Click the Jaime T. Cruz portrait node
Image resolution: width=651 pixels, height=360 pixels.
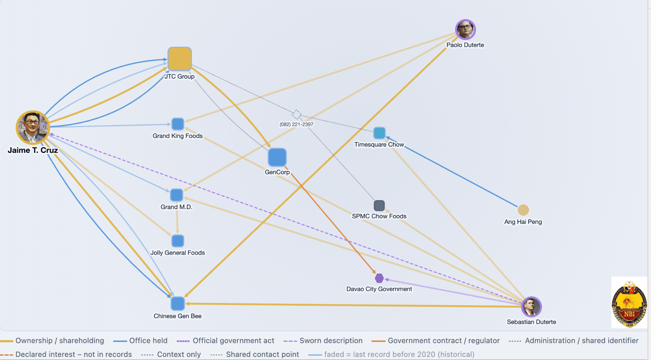(33, 128)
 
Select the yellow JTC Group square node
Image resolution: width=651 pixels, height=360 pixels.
(179, 59)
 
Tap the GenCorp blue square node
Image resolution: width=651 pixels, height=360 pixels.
(277, 157)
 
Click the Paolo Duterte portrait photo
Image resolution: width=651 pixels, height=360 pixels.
(465, 30)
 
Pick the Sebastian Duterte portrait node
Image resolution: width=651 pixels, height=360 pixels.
(531, 307)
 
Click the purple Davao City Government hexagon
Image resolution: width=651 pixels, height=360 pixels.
(379, 278)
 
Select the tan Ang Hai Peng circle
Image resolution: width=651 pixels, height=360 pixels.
(523, 210)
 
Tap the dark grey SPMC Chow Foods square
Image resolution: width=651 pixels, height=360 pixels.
(379, 206)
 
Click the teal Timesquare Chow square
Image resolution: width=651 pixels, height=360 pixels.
(379, 133)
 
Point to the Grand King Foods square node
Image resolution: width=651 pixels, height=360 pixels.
(178, 124)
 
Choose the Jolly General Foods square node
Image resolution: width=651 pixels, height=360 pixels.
(178, 241)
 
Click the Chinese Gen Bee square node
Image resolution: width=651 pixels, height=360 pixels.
(178, 303)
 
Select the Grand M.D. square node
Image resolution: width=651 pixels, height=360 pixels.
(177, 195)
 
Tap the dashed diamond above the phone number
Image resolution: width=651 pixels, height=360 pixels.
(297, 114)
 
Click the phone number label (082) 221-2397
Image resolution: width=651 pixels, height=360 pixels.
(297, 124)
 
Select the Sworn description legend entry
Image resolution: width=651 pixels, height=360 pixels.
(323, 341)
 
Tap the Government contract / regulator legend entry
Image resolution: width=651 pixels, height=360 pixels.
(435, 341)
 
